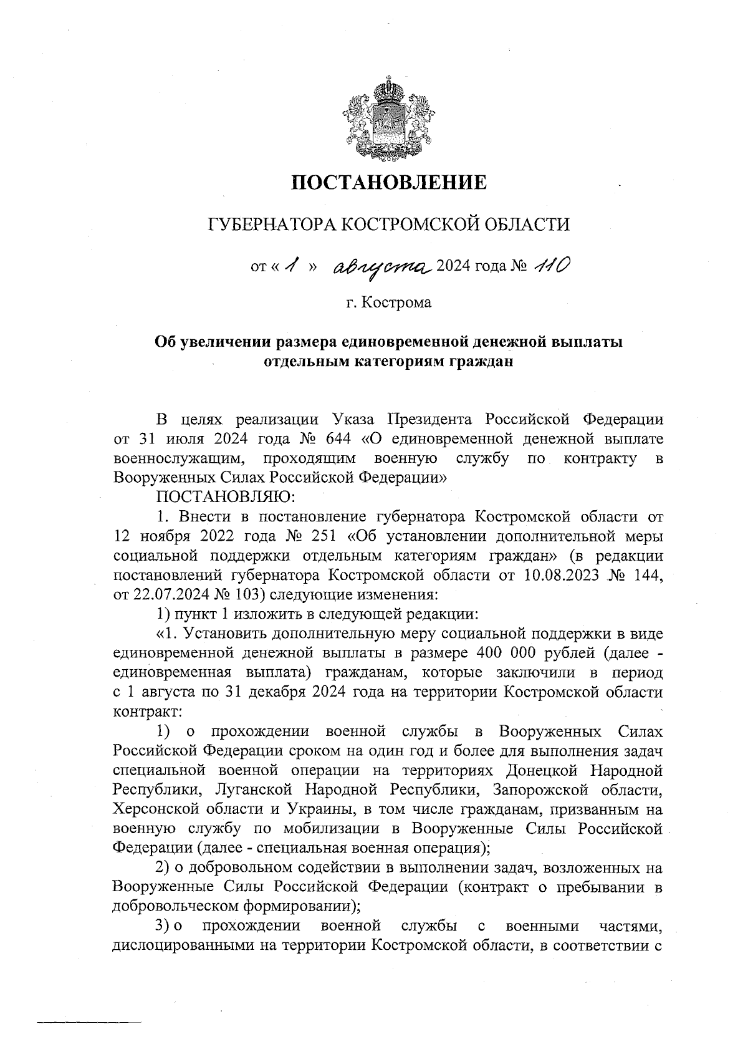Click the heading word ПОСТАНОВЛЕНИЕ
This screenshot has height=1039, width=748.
point(389,183)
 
